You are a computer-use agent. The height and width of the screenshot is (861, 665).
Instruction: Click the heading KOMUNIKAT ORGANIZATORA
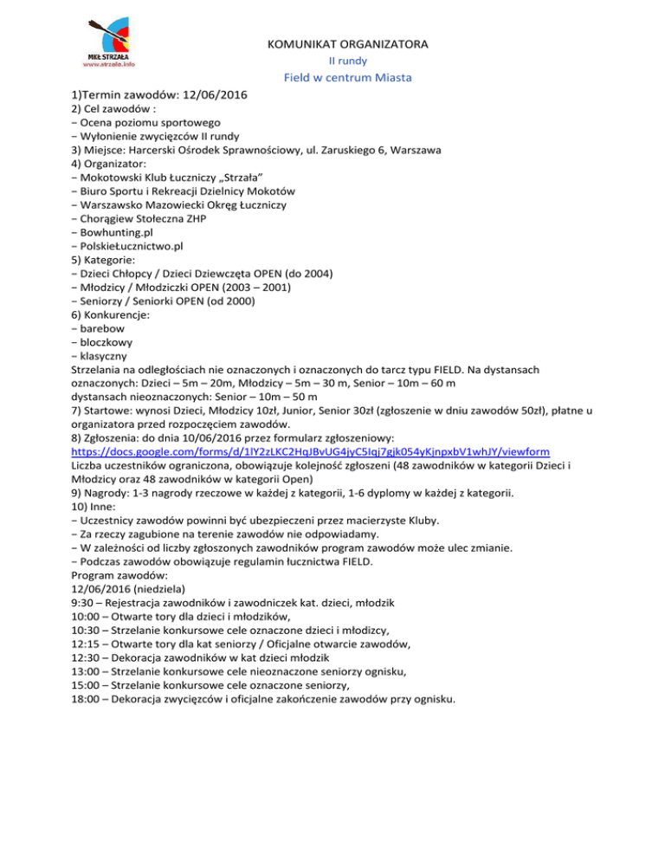(350, 43)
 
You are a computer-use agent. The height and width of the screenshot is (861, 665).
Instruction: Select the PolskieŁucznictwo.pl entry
(131, 245)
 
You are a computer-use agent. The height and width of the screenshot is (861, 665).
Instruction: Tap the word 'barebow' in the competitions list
(104, 327)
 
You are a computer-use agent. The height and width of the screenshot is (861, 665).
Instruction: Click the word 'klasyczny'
(106, 355)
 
